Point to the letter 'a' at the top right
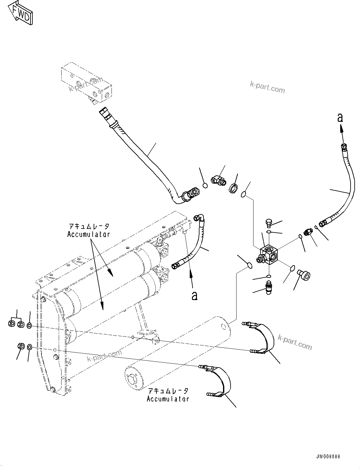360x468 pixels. point(340,118)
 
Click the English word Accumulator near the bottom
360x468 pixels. point(168,399)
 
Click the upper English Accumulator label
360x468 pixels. point(89,234)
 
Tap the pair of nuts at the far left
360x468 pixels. point(16,324)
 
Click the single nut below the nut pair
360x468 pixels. point(21,346)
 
